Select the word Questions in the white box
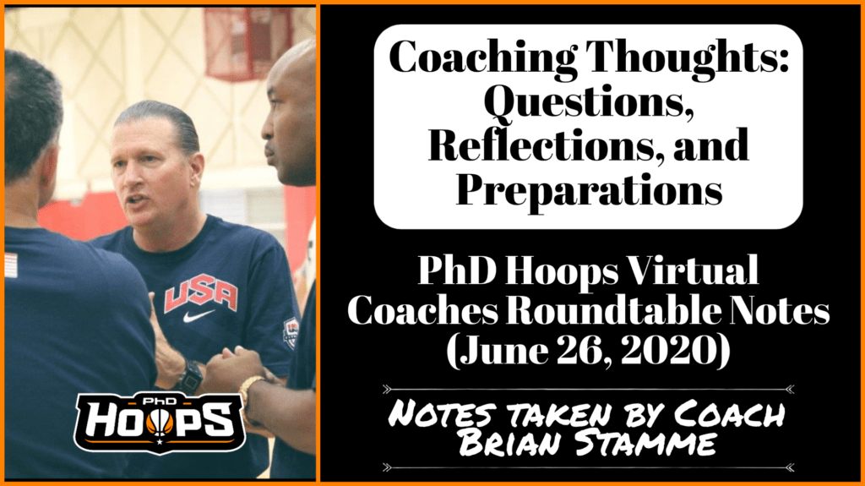pyautogui.click(x=589, y=103)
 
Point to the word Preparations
pyautogui.click(x=589, y=189)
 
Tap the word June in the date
pyautogui.click(x=495, y=351)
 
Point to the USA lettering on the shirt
pyautogui.click(x=200, y=295)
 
